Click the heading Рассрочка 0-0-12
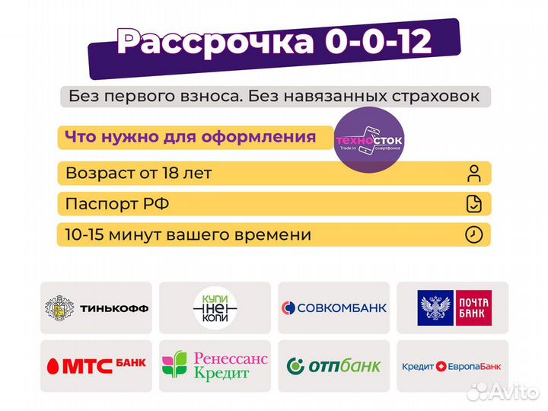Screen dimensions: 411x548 point(274,43)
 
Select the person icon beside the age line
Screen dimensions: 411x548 point(474,173)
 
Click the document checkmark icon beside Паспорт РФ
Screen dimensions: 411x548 point(474,204)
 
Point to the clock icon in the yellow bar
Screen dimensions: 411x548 point(474,234)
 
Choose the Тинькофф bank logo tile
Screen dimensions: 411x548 point(97,307)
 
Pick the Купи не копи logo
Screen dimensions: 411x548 point(215,307)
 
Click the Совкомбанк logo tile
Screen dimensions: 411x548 point(334,307)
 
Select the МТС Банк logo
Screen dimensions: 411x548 point(97,366)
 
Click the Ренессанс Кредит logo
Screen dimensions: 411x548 point(215,366)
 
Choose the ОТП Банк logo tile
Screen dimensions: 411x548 point(334,366)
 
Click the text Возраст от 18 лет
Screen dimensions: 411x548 point(139,173)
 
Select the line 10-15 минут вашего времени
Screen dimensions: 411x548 point(188,234)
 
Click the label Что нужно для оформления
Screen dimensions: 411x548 point(190,138)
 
